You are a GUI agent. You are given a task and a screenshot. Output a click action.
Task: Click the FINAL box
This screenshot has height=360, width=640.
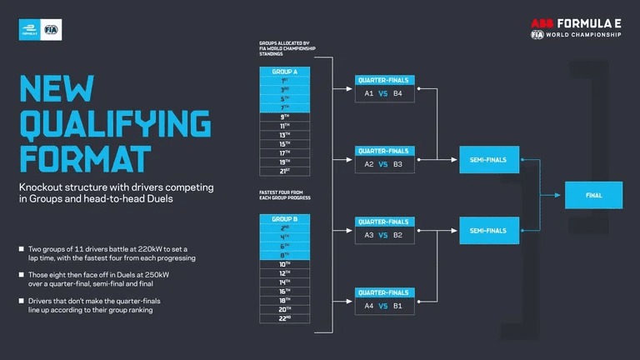pos(593,195)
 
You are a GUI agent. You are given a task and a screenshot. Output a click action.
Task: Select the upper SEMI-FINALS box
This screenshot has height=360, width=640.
pos(488,158)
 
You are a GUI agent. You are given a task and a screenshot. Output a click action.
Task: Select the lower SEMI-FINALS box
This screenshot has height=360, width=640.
pos(488,230)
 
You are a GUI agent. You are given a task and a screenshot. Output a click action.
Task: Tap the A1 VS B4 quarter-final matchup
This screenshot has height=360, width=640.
pos(383,93)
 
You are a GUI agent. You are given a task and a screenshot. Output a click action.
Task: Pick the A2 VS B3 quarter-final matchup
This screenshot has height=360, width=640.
pos(383,164)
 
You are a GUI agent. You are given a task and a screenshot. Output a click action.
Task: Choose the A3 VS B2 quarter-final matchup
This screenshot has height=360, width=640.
pos(383,236)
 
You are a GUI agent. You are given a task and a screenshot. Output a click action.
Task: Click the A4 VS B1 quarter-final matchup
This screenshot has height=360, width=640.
pos(383,306)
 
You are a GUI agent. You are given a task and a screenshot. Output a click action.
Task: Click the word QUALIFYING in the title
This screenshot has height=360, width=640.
pos(114,124)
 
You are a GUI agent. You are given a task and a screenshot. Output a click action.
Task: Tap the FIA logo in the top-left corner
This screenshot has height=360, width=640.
pos(52,30)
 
